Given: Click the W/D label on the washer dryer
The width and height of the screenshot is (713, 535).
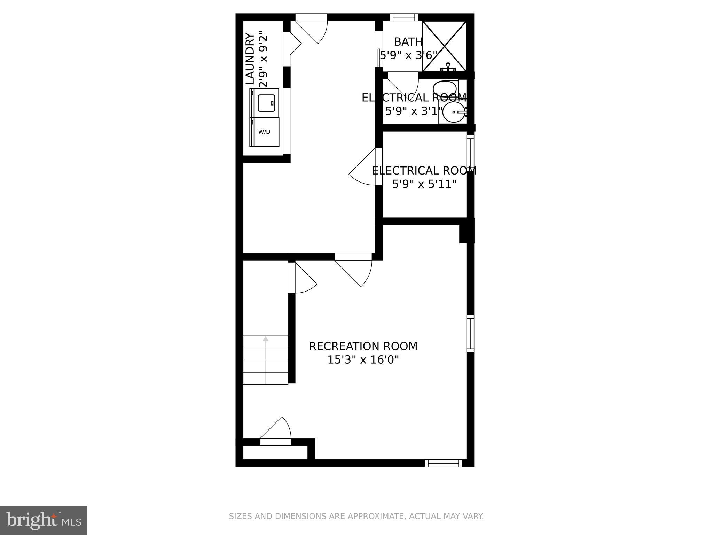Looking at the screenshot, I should tap(264, 132).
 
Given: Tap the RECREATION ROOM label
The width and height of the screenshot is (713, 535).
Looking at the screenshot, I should tap(363, 346).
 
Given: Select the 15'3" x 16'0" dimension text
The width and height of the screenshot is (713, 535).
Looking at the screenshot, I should tap(363, 359).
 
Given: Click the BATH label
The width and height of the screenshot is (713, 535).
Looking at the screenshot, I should tap(408, 42).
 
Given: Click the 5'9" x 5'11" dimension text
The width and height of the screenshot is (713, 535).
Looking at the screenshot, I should tap(424, 184).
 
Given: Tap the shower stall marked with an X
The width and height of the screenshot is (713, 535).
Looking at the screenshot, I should tap(444, 46).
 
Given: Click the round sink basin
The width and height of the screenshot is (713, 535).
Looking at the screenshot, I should tap(454, 112).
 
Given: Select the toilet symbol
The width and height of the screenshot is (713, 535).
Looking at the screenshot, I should tap(446, 88).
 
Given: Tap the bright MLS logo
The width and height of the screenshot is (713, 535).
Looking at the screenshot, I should tap(44, 520).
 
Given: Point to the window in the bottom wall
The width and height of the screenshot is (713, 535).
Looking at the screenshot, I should tap(443, 463).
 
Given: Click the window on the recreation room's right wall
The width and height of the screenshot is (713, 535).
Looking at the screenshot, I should tap(470, 333).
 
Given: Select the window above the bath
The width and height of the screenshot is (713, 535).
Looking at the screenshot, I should tap(403, 17).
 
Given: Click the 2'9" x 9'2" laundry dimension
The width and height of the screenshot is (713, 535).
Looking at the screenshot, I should tap(263, 59).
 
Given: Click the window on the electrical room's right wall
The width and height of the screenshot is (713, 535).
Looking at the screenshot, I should tap(470, 153).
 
